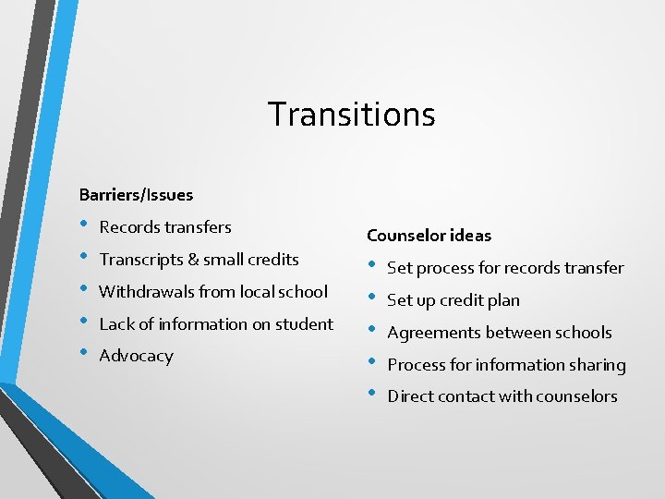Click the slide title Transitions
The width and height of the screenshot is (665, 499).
(351, 115)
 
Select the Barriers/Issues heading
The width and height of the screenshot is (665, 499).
(136, 195)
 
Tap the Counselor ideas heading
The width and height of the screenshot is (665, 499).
(429, 236)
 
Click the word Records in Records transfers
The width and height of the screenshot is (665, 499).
(127, 227)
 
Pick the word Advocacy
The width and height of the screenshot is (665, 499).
(136, 357)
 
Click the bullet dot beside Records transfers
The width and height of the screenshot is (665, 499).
(85, 225)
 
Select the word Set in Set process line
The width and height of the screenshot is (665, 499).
(398, 268)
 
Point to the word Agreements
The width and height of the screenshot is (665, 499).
(432, 333)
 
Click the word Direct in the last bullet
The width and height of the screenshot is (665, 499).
(410, 396)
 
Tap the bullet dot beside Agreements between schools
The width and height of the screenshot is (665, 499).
(373, 331)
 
